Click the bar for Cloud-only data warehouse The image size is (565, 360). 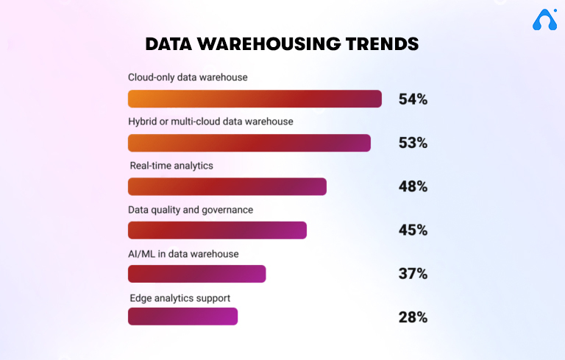(x=255, y=99)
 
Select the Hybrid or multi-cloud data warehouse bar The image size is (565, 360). (x=249, y=143)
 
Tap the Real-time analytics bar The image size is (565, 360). (x=227, y=186)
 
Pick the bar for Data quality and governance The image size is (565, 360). (x=217, y=230)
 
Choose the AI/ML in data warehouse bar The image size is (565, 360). (x=196, y=274)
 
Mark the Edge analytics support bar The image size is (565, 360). (x=182, y=317)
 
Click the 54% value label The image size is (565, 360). (x=413, y=99)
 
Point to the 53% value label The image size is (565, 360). (x=413, y=143)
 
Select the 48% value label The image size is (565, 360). (x=413, y=186)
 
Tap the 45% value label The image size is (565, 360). (x=413, y=230)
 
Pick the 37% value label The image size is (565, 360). (x=413, y=274)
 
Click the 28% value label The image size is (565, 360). (x=413, y=317)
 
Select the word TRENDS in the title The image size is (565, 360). (x=381, y=44)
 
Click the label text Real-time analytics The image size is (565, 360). (x=171, y=166)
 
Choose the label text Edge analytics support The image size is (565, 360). (x=180, y=297)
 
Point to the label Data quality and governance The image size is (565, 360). (x=191, y=210)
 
